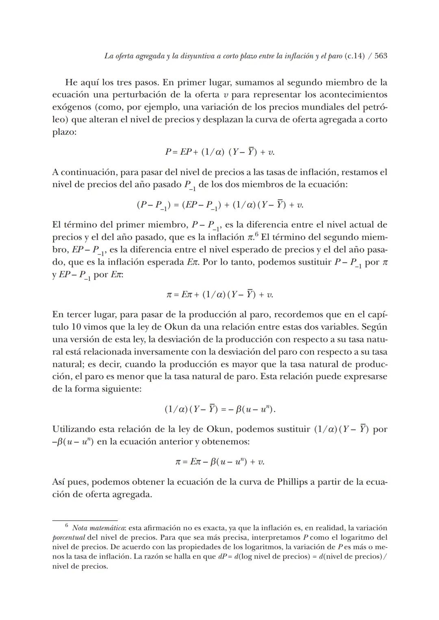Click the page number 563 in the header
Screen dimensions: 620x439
[x=380, y=56]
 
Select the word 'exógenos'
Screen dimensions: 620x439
[x=68, y=107]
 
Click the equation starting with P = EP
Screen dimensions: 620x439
[x=219, y=152]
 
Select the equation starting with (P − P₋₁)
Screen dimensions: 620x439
[x=219, y=205]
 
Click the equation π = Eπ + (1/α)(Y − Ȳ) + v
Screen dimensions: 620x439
[x=219, y=294]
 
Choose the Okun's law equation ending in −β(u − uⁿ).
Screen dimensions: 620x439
[x=219, y=409]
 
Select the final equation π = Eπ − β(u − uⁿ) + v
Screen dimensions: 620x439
[x=219, y=462]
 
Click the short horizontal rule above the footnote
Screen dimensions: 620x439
[x=85, y=520]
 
